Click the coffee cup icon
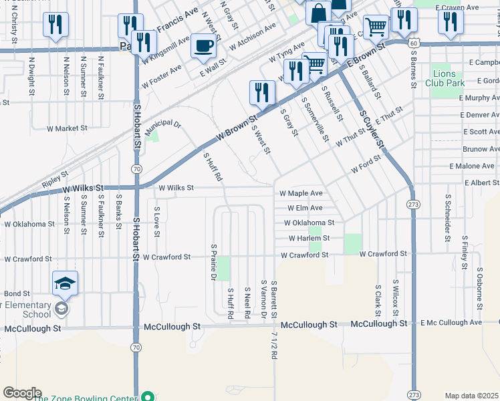point(203,47)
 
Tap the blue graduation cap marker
point(65,285)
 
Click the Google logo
point(21,393)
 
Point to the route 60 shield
point(414,43)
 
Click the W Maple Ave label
point(301,193)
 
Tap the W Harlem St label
point(309,238)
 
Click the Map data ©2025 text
point(471,396)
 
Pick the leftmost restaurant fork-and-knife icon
point(55,25)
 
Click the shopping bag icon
point(319,12)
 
